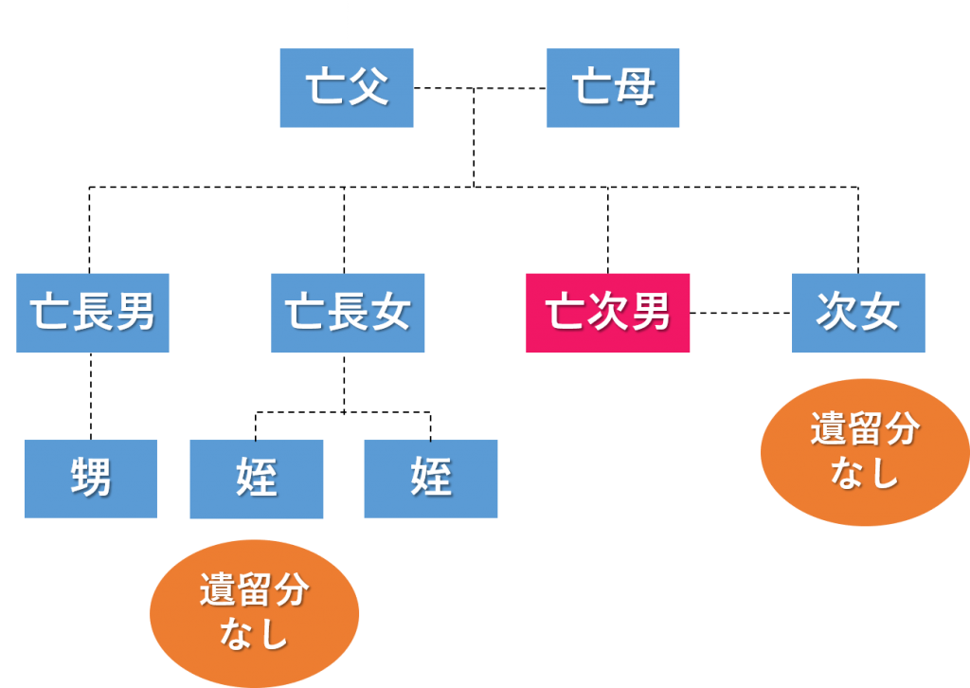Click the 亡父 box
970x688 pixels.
coord(347,88)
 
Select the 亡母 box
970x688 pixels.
coord(613,88)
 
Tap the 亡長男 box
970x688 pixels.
coord(93,313)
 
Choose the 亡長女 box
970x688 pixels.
coord(348,313)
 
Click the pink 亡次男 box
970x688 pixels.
coord(608,313)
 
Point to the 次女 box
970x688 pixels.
coord(858,313)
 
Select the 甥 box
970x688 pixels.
coord(90,479)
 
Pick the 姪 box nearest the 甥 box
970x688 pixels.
coord(257,479)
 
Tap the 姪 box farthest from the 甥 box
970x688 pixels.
coord(431,479)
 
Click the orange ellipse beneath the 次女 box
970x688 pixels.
coord(864,452)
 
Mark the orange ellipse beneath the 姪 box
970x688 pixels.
coord(254,612)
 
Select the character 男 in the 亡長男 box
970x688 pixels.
coord(135,313)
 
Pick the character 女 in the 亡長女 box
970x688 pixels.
coord(390,313)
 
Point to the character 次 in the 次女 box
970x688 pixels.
coord(836,313)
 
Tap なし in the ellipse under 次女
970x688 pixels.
coord(864,473)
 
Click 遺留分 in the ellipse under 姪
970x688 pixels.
coord(254,591)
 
